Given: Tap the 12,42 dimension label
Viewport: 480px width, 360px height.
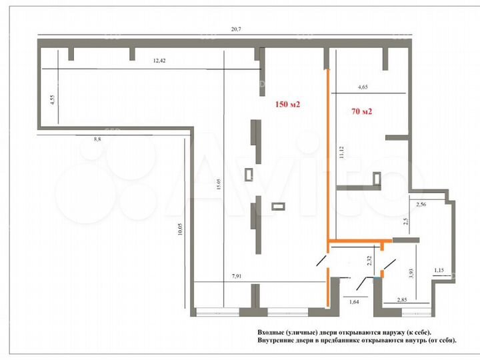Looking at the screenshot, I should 159,61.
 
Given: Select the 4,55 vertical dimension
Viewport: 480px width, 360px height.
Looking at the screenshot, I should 51,101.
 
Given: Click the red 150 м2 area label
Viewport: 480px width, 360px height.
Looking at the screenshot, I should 289,105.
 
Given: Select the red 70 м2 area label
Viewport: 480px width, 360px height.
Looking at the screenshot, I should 361,112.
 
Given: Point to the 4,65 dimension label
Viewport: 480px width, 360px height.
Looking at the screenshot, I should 363,87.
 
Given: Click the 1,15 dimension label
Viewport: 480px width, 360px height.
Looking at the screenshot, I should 439,270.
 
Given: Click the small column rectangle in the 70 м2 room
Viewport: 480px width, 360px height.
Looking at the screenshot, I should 377,178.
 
